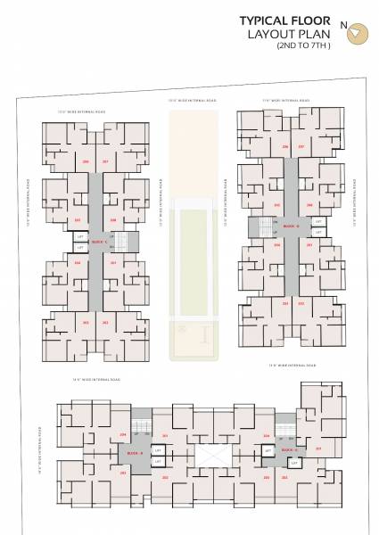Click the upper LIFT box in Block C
click(80, 237)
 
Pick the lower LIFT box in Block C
click(80, 247)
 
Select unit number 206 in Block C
click(87, 161)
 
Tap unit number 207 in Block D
click(301, 145)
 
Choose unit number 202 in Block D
click(301, 303)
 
